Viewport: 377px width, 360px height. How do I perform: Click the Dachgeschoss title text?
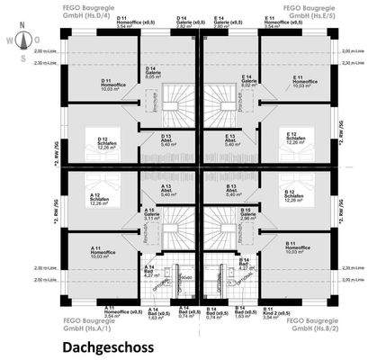(x=108, y=345)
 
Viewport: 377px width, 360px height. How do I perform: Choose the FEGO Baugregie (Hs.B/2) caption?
(x=288, y=324)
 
